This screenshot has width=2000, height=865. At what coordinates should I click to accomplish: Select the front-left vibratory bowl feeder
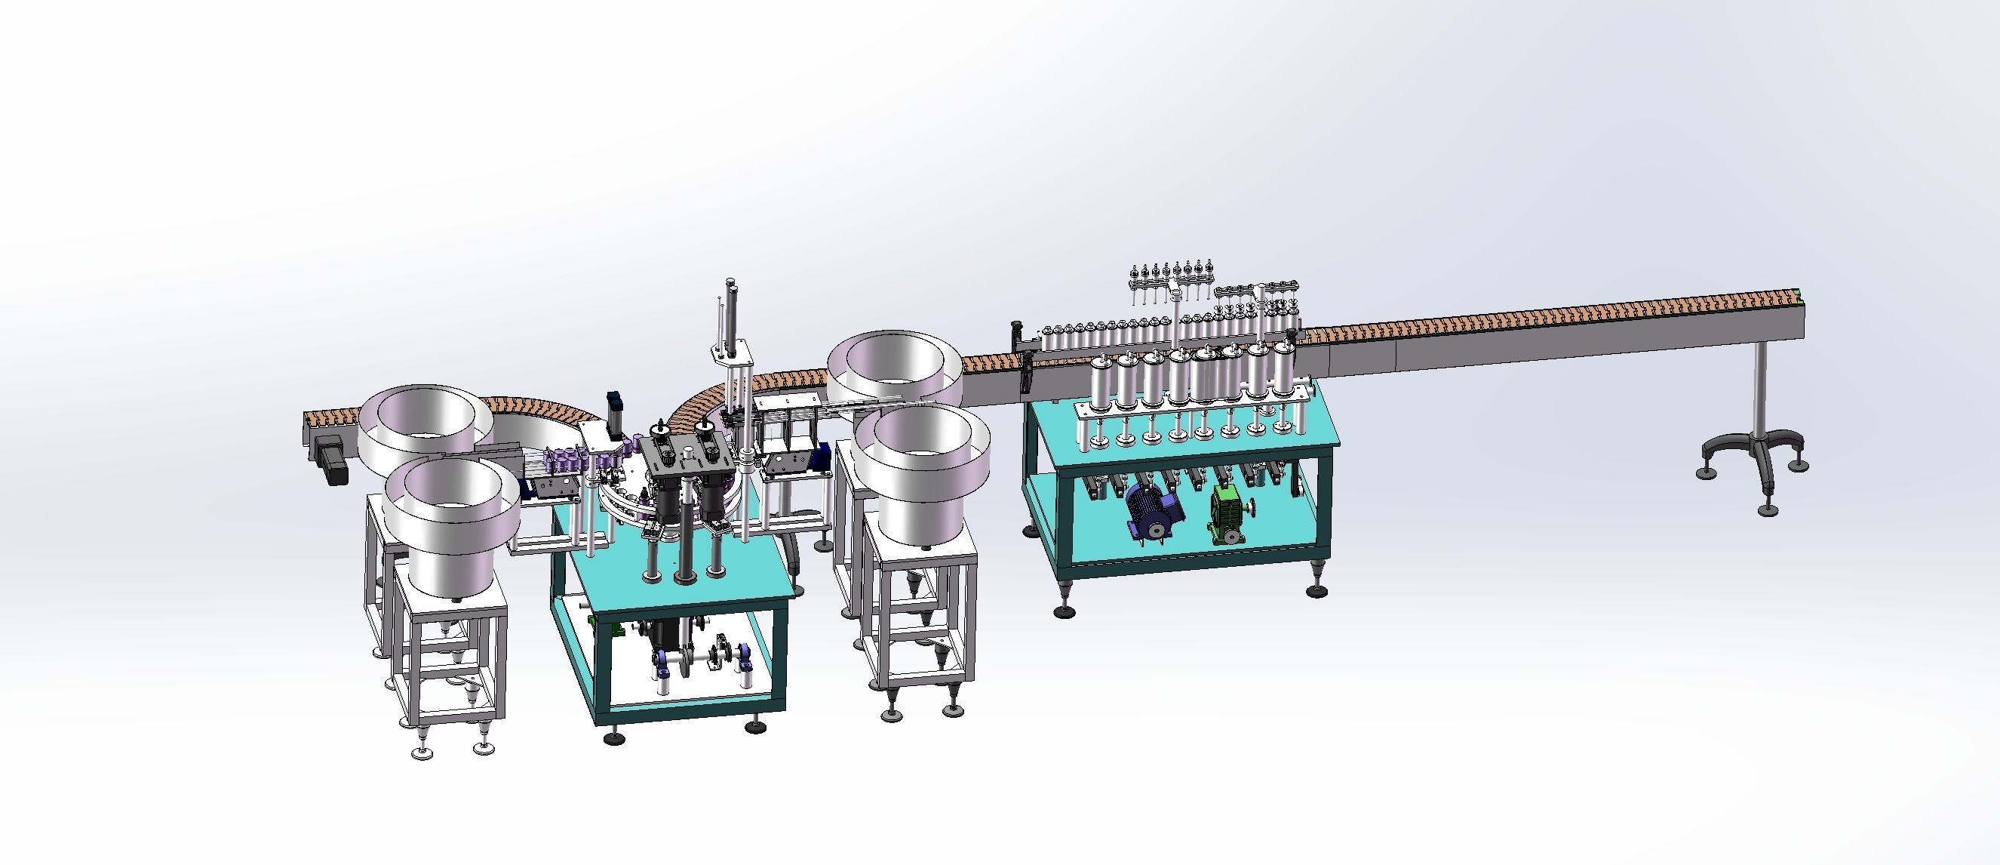(452, 522)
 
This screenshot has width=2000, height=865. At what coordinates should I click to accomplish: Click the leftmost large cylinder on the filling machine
(1101, 383)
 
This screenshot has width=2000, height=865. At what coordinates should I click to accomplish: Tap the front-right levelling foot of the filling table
(1316, 590)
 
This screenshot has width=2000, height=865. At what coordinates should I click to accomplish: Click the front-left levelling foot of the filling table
(1064, 611)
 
